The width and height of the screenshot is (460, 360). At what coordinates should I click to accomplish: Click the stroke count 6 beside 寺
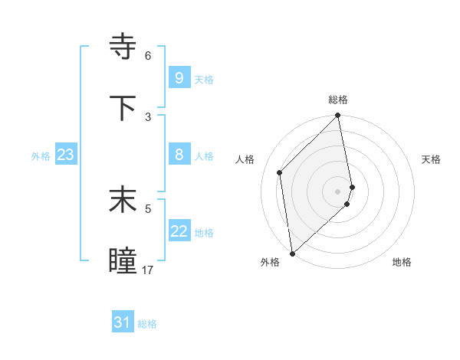[x=148, y=56]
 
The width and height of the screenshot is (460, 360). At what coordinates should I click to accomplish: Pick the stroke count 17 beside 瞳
[x=148, y=270]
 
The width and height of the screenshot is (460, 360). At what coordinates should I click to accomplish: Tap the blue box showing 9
[x=179, y=77]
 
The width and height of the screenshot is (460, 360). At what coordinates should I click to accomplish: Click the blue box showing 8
[x=179, y=155]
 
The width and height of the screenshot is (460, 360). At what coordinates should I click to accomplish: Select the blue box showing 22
[x=179, y=231]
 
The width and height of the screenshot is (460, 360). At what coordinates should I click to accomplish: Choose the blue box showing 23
[x=65, y=155]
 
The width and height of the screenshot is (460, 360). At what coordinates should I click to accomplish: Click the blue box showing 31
[x=123, y=322]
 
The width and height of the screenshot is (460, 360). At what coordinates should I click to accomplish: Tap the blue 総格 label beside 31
[x=147, y=324]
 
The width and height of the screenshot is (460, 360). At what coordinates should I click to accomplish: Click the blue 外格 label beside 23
[x=41, y=155]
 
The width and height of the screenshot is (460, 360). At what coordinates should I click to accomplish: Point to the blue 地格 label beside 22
[x=204, y=232]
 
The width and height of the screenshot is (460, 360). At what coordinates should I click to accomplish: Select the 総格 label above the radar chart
[x=338, y=100]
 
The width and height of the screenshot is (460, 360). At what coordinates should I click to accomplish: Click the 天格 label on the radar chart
[x=432, y=159]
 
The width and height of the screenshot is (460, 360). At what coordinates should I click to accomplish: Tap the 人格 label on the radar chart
[x=245, y=159]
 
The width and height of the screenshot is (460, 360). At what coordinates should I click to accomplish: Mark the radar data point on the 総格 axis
[x=338, y=116]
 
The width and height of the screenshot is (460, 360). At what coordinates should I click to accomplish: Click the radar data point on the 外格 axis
[x=291, y=253]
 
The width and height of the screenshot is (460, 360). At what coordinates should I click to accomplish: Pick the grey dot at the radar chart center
[x=338, y=191]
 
